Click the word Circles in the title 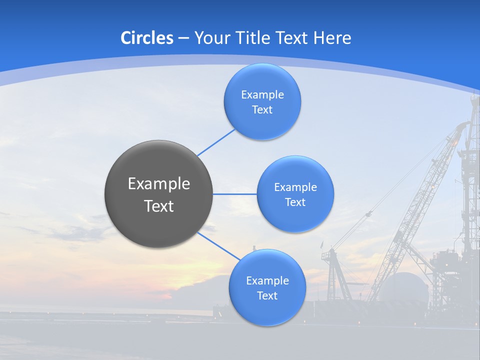pos(146,38)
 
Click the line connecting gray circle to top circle pos(216,142)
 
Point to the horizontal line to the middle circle pos(235,194)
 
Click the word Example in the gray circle pos(158,183)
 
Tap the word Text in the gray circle pos(158,206)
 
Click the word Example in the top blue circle pos(262,95)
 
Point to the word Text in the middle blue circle pos(295,202)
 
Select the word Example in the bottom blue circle pos(267,280)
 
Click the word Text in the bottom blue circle pos(267,296)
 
